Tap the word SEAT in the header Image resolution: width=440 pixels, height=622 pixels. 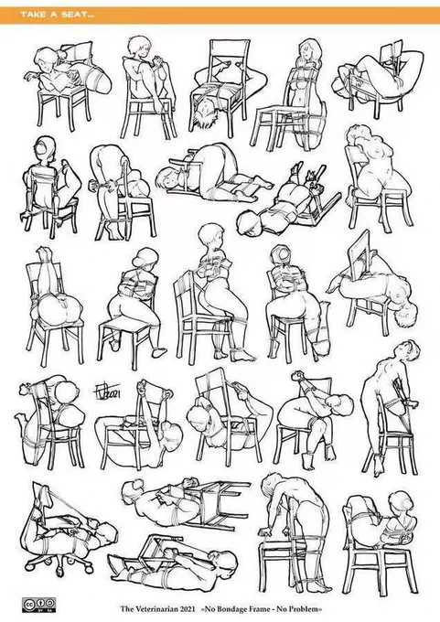pos(72,15)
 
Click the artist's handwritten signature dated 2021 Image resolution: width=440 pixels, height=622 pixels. pos(107,392)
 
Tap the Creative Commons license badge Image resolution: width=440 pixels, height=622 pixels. pos(39,604)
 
